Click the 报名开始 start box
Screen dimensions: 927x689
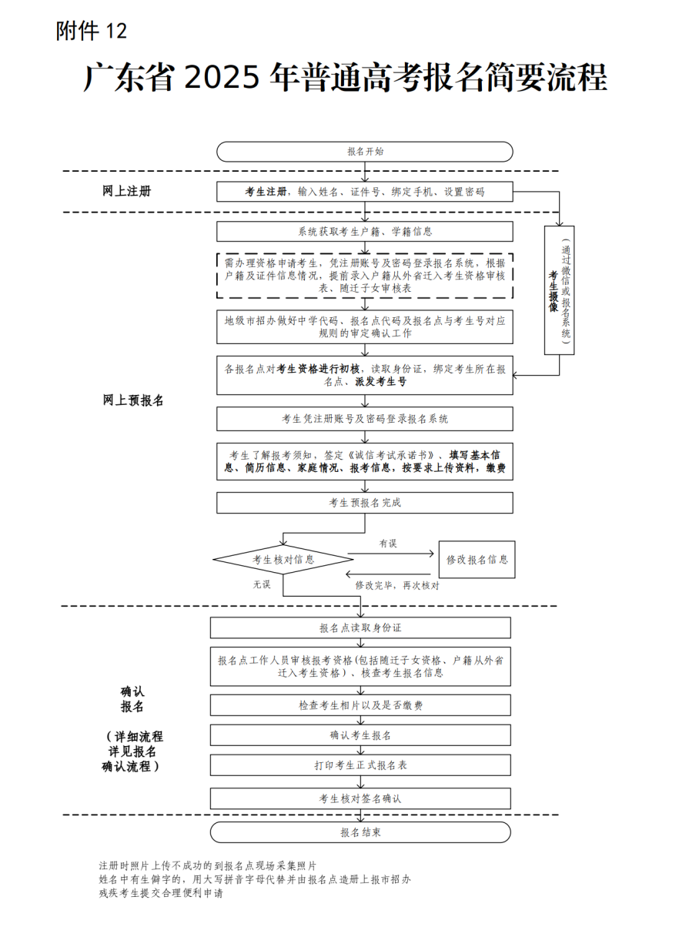(364, 152)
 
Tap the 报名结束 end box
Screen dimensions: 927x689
(360, 832)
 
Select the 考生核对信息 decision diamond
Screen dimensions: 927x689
(283, 560)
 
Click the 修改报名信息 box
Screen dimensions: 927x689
(477, 560)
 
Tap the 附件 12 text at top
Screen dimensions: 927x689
(91, 32)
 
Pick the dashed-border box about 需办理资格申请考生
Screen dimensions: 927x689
(364, 275)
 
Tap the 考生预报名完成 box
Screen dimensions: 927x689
(364, 503)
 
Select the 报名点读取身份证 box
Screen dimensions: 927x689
(360, 628)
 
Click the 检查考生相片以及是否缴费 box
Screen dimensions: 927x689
(360, 705)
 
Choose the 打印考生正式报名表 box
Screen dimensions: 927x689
(360, 765)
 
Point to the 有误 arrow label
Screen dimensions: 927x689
(388, 544)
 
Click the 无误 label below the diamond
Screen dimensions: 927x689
(262, 584)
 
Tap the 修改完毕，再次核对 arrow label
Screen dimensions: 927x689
(396, 585)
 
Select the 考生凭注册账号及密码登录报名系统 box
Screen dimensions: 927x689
(364, 419)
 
